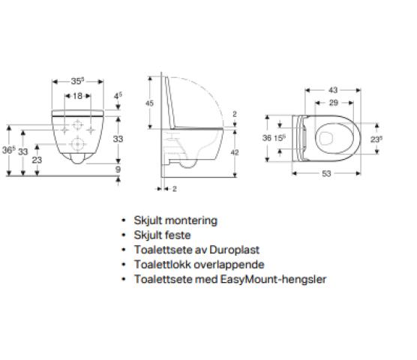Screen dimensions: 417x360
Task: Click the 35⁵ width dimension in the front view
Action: point(78,81)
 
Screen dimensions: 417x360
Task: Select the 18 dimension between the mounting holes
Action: point(78,96)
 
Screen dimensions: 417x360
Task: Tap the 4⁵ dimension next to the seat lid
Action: point(118,95)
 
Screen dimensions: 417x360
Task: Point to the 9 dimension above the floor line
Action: point(118,169)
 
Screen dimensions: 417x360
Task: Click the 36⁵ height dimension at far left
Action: point(9,150)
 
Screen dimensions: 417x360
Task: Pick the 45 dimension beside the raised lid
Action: point(149,103)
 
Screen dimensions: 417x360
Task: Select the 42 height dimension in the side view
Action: point(235,152)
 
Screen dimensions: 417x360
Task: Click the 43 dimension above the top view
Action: point(333,90)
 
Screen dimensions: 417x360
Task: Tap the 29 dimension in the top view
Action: point(334,103)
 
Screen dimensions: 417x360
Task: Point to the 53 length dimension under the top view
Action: point(326,173)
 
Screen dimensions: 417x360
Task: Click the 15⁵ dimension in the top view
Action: point(280,138)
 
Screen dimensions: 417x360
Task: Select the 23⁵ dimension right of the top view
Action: point(376,139)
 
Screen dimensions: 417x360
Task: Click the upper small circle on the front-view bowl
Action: point(77,124)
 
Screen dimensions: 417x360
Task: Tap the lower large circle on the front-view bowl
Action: point(78,144)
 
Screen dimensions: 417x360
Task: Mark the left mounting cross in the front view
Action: point(64,130)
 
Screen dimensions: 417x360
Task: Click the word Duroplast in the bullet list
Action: point(234,250)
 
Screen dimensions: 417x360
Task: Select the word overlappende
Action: point(229,265)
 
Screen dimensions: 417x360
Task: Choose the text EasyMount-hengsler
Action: point(273,280)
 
